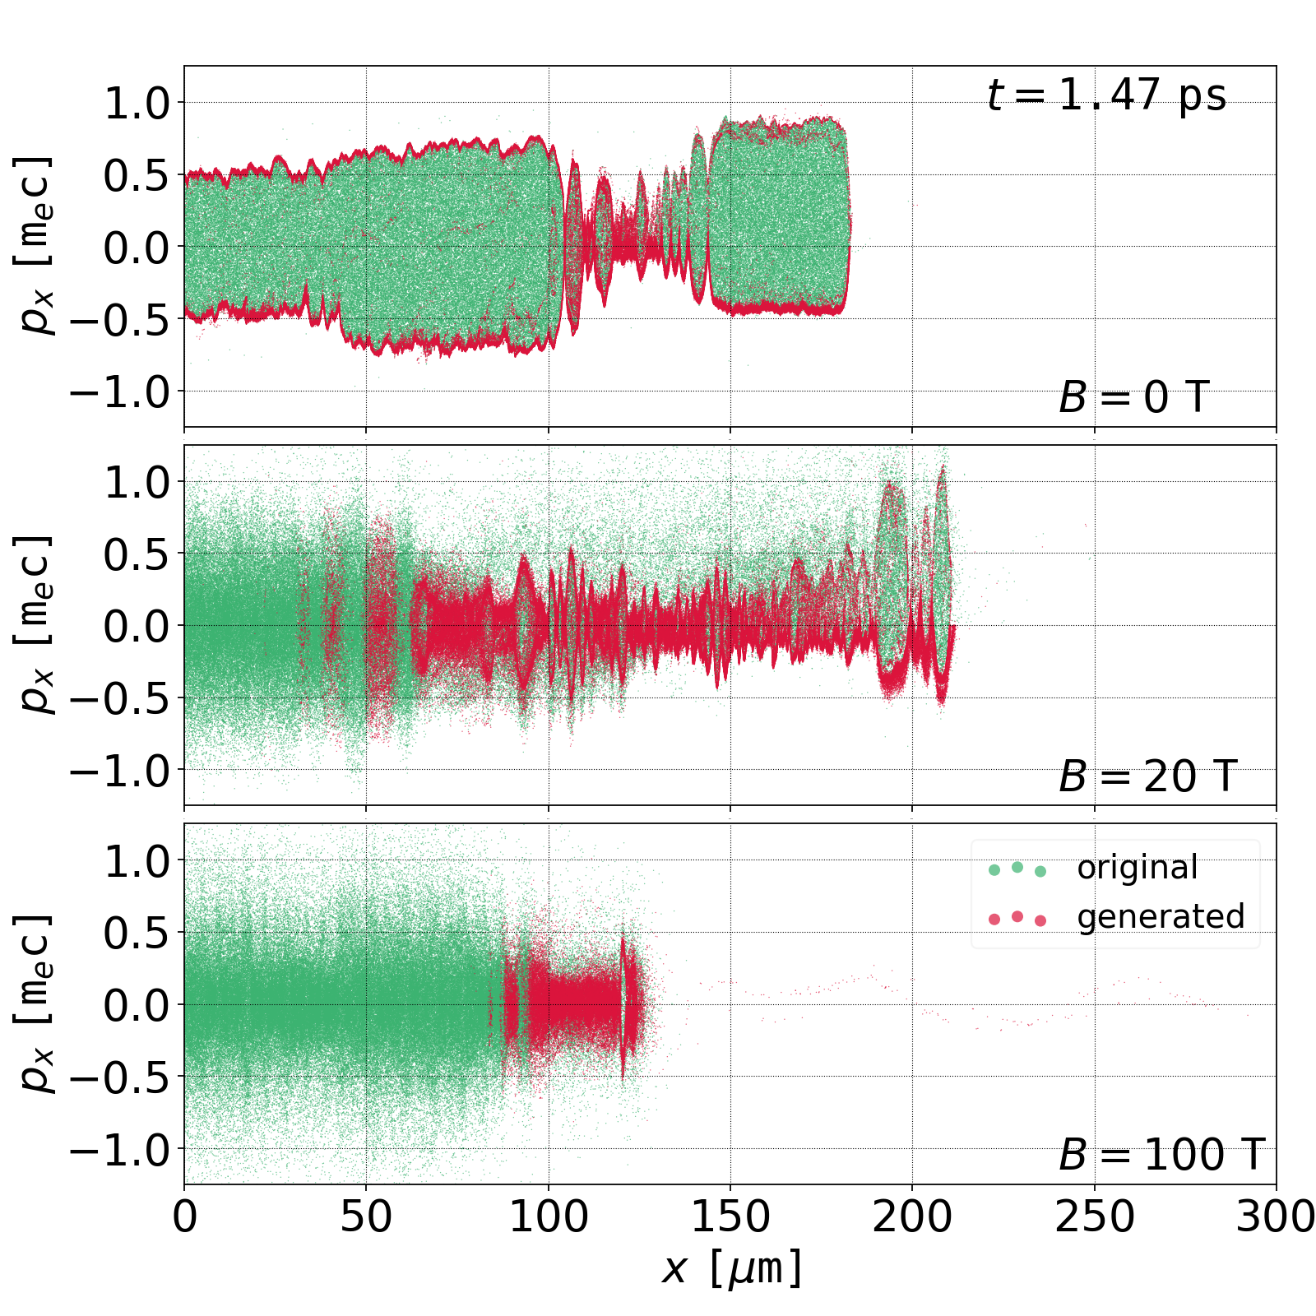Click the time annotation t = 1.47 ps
[1106, 95]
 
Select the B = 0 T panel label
[1133, 398]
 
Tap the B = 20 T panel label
[1147, 776]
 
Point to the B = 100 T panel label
[1161, 1155]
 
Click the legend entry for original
[1137, 868]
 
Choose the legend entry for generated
[1161, 916]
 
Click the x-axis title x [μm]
[730, 1267]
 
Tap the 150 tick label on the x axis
[730, 1216]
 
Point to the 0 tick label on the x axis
[185, 1216]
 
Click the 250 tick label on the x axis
[1094, 1216]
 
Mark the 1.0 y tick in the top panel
[136, 103]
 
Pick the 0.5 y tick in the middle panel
[136, 554]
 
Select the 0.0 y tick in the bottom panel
[136, 1005]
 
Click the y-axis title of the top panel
[35, 245]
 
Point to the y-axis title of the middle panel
[35, 624]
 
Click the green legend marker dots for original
[1017, 869]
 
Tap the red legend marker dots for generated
[1017, 918]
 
